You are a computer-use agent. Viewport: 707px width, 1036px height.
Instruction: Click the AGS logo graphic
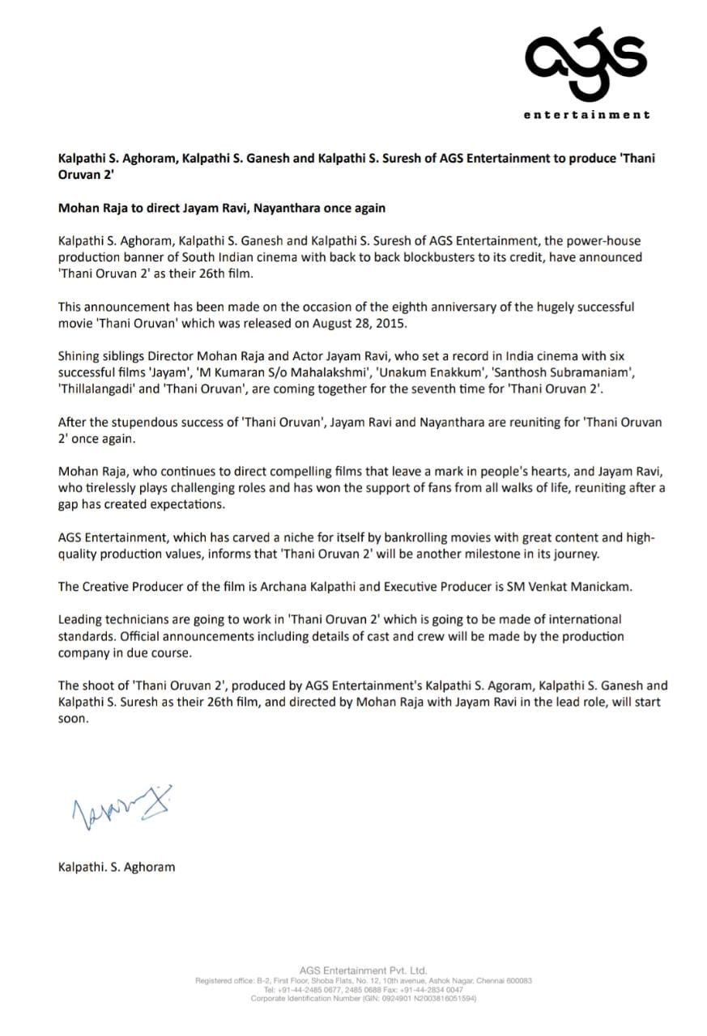pyautogui.click(x=586, y=57)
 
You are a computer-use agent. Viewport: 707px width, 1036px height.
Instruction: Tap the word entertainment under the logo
pyautogui.click(x=586, y=115)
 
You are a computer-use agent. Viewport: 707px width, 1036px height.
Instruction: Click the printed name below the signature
pyautogui.click(x=117, y=866)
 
